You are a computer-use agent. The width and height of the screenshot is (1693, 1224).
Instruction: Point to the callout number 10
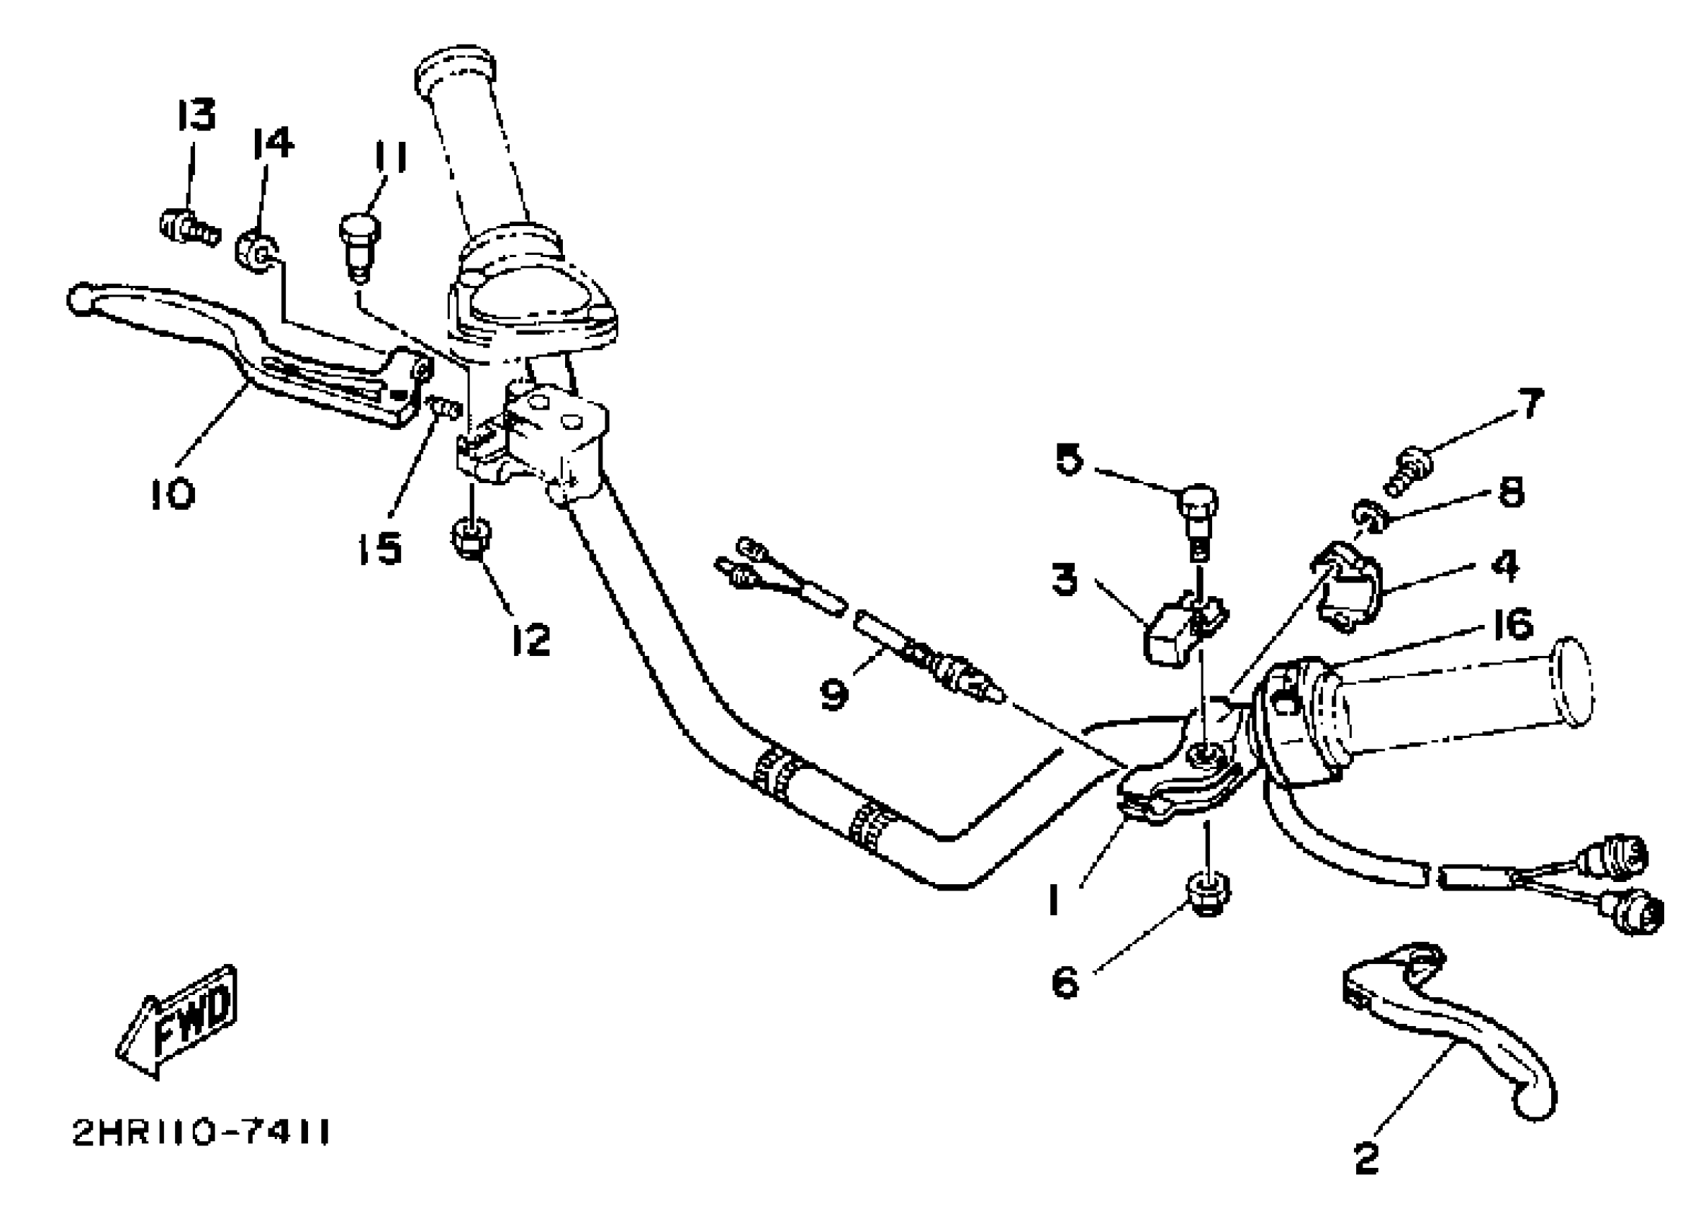coord(173,494)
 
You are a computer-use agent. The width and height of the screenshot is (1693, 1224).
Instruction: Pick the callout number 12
coord(531,639)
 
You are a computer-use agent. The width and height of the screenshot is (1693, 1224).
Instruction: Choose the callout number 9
coord(834,693)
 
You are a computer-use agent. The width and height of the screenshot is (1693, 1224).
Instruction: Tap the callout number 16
coord(1512,624)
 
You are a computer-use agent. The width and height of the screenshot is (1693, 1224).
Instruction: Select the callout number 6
coord(1065,982)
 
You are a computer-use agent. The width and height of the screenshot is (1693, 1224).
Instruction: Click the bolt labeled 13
coord(189,225)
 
